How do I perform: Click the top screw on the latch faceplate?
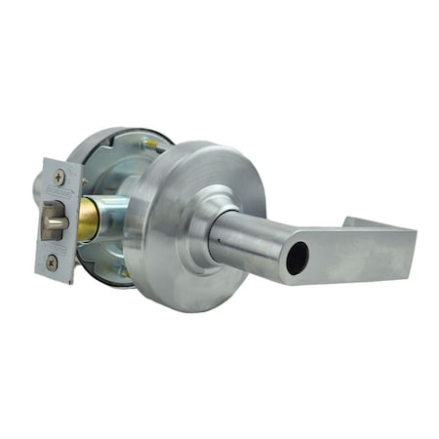[x=60, y=177]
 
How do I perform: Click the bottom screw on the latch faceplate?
[x=52, y=261]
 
